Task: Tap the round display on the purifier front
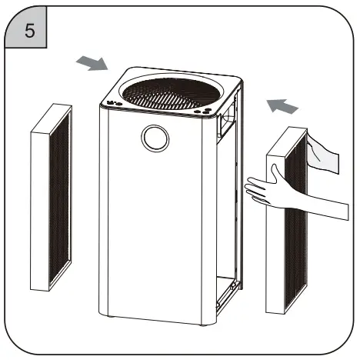click(x=155, y=138)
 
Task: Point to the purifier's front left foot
click(x=107, y=315)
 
